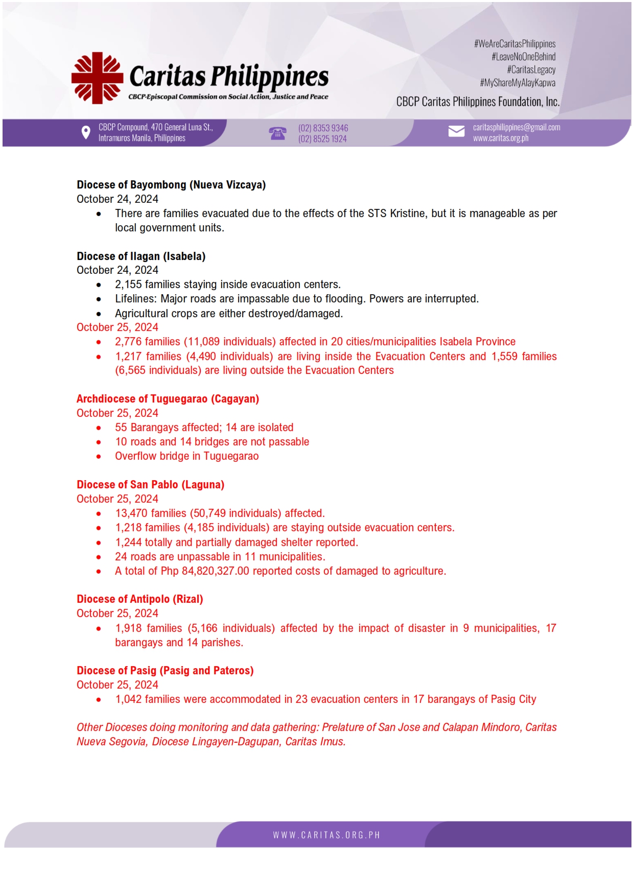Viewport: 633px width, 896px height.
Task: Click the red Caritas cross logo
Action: click(97, 78)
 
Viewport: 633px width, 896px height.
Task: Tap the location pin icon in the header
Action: click(86, 133)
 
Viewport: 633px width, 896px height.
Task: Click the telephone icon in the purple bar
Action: click(277, 133)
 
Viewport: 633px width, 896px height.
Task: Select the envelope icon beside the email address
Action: click(456, 132)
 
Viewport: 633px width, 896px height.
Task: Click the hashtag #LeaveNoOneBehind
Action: click(523, 57)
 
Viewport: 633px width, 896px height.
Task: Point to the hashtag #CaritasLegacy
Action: click(531, 69)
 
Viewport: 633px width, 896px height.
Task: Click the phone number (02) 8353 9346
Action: click(323, 128)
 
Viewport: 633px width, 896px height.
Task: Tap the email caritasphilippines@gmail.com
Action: click(516, 127)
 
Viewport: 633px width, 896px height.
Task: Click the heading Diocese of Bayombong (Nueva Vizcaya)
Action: click(171, 185)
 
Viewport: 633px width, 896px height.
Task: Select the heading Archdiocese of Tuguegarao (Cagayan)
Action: click(168, 399)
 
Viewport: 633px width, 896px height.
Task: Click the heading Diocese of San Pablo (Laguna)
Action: click(150, 485)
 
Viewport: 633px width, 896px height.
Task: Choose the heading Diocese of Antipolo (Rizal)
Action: click(139, 599)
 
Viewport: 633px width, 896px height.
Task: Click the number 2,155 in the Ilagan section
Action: click(128, 285)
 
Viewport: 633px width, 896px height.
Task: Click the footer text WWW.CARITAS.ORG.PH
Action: click(326, 835)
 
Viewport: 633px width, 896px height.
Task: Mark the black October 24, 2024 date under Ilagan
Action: click(118, 270)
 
